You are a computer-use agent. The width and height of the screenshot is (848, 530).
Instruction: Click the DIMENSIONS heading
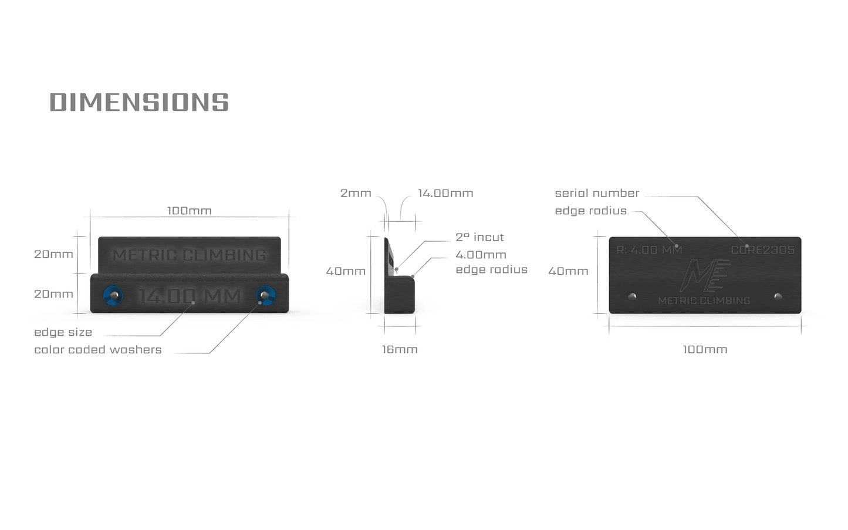[x=139, y=102]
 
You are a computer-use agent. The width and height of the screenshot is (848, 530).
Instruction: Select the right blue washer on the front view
[x=266, y=295]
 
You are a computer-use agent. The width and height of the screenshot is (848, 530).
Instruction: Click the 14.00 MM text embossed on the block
[x=190, y=296]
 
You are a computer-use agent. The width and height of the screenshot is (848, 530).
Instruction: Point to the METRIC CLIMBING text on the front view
[x=190, y=255]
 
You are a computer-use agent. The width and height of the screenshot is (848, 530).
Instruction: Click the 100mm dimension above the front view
[x=189, y=211]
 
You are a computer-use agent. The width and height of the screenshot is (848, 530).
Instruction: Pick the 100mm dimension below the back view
[x=705, y=349]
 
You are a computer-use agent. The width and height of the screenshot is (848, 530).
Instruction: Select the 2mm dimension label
[x=356, y=193]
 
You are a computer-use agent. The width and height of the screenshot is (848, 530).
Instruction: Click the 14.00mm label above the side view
[x=445, y=193]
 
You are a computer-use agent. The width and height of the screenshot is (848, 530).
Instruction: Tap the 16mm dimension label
[x=400, y=349]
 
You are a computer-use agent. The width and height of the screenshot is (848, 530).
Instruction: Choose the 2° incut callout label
[x=479, y=237]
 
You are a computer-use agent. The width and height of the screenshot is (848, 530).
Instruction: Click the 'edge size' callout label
[x=63, y=332]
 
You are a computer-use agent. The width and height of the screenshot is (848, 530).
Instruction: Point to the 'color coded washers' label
[x=98, y=350]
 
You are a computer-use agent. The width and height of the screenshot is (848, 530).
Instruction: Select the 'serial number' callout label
[x=597, y=193]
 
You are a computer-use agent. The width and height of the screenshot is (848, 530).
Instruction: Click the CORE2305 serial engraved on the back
[x=762, y=250]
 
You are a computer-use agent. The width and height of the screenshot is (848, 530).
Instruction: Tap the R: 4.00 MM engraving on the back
[x=649, y=250]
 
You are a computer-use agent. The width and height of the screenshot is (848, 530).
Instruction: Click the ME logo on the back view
[x=704, y=275]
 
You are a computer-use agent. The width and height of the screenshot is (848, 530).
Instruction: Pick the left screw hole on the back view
[x=632, y=296]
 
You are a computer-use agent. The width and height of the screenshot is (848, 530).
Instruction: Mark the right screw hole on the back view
[x=778, y=296]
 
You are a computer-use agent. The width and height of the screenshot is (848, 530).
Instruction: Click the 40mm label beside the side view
[x=346, y=271]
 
